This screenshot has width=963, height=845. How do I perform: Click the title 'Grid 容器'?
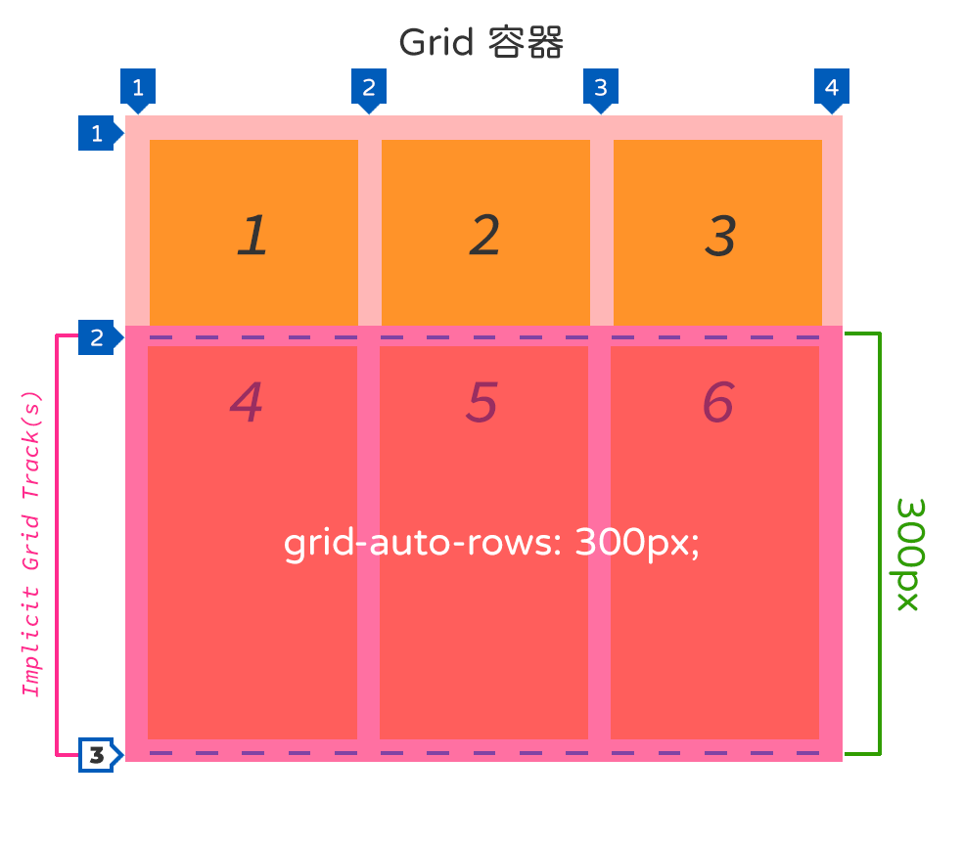tap(481, 43)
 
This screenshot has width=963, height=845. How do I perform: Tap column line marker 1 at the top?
tap(138, 87)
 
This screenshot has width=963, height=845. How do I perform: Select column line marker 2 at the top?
tap(369, 87)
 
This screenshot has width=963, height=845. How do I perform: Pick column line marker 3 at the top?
tap(600, 87)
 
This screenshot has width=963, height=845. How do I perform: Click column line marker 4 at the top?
tap(831, 87)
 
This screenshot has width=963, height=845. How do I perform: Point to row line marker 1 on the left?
tap(97, 134)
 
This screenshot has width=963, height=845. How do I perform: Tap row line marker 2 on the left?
tap(97, 338)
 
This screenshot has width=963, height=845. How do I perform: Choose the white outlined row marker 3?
tap(97, 754)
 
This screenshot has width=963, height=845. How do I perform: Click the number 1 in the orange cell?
tap(252, 236)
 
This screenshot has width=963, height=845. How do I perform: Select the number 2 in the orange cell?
tap(484, 236)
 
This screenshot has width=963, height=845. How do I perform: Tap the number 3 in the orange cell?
tap(719, 236)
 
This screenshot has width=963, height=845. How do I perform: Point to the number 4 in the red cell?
tap(247, 401)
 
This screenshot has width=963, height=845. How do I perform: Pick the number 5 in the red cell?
tap(481, 401)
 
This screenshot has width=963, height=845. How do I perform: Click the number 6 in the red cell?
tap(717, 401)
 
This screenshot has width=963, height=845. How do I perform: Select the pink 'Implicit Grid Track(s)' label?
tap(32, 544)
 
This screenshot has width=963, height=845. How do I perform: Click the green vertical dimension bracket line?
tap(880, 544)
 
